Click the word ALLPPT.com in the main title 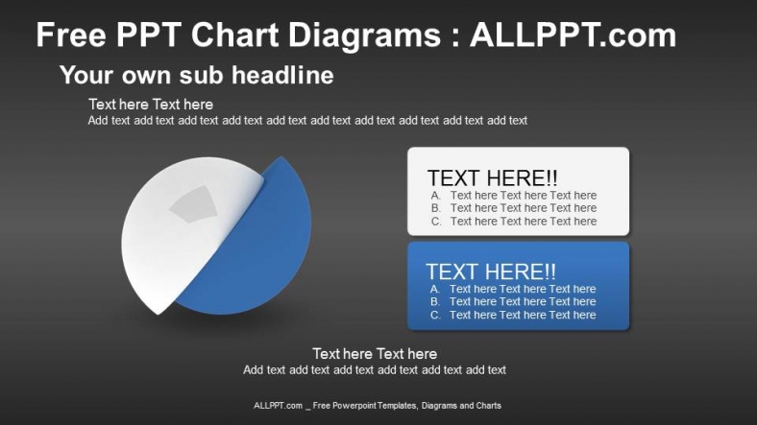pos(573,35)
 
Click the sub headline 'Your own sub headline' pos(196,75)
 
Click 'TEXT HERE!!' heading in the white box pos(492,178)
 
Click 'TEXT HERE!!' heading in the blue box pos(491,272)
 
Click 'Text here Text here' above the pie pos(151,104)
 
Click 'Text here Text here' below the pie pos(375,353)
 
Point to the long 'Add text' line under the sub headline pos(307,121)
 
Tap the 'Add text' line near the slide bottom pos(375,369)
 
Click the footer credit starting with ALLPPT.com pos(378,406)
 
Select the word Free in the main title pos(75,35)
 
